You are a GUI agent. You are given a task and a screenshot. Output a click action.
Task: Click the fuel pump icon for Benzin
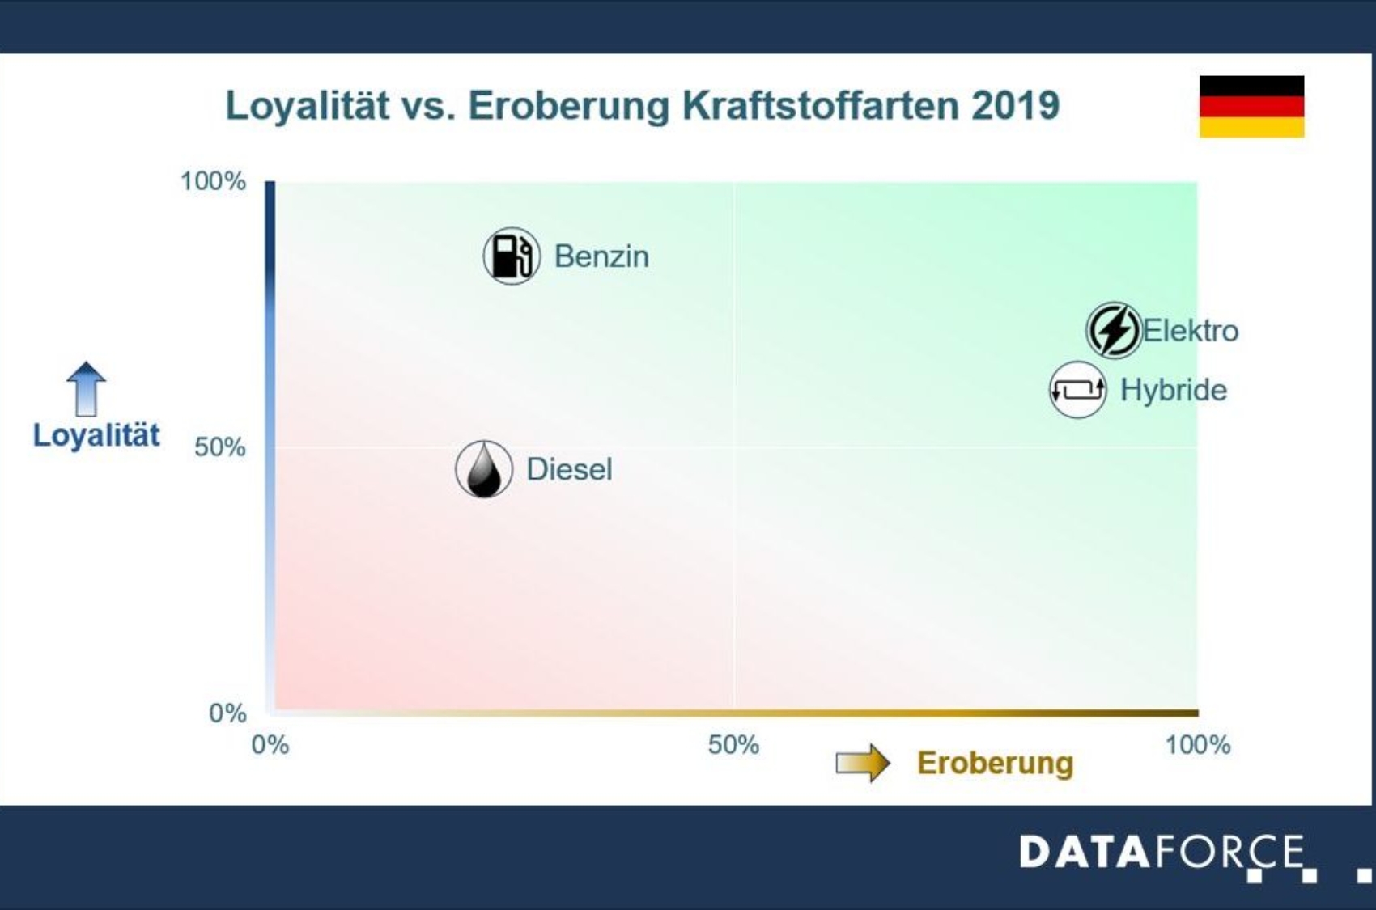512,256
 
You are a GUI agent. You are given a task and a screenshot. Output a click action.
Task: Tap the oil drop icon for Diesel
484,469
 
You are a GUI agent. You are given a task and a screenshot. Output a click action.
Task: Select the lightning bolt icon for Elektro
1114,330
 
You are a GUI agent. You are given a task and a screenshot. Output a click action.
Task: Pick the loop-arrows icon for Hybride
1077,390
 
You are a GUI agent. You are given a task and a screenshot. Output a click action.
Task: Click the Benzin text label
601,256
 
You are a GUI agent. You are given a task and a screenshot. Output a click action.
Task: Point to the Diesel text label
569,469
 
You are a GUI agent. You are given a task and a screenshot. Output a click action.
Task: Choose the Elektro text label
1190,331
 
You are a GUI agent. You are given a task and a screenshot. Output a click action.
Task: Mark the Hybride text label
1174,390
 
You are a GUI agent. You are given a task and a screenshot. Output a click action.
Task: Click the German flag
1251,107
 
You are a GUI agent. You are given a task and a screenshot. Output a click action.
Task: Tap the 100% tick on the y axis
213,181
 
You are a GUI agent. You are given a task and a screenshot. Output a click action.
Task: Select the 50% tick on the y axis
219,447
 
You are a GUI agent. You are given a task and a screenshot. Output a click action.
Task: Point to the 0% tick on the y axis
227,713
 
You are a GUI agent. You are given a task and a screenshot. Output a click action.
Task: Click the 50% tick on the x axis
733,745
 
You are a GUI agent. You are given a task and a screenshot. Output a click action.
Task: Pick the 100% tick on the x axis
1197,745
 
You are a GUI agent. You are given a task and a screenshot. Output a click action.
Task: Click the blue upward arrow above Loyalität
86,388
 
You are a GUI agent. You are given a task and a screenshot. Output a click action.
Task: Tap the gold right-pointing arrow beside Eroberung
863,762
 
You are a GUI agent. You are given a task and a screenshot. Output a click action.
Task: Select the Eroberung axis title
995,763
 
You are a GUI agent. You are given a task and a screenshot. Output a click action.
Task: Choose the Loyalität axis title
96,435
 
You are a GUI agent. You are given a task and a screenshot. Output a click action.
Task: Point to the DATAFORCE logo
1162,853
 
